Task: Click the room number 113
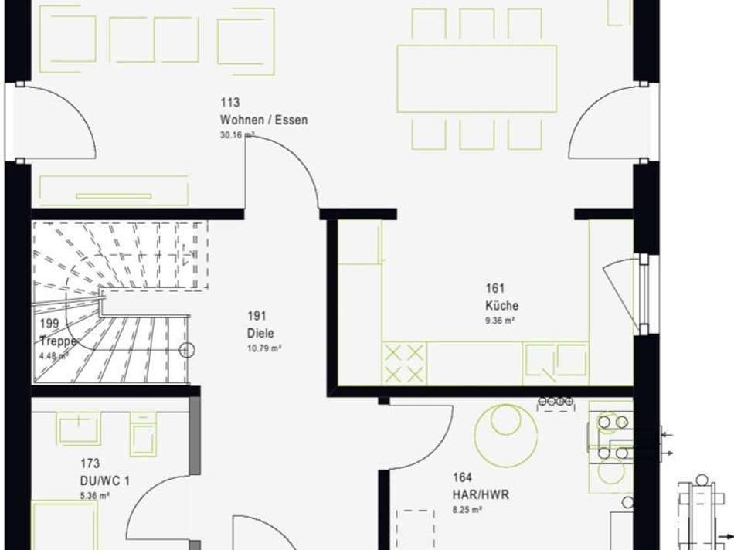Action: [229, 102]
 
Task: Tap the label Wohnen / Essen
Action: [264, 120]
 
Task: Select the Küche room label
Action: [501, 306]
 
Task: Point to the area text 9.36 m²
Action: [500, 321]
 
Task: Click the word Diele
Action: [260, 333]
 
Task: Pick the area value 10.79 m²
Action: [264, 348]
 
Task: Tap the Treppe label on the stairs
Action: [58, 341]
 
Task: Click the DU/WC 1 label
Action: [105, 480]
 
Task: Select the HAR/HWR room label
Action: [481, 494]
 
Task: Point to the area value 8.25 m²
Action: [467, 510]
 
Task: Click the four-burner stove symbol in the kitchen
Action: [404, 363]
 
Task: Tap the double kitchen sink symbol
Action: [556, 361]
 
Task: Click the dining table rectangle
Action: [477, 79]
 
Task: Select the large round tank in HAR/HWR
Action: [506, 436]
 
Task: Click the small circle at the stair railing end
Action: [187, 350]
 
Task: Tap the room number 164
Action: [462, 477]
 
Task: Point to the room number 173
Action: [90, 463]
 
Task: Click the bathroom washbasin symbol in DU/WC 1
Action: [79, 427]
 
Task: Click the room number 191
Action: [257, 316]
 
